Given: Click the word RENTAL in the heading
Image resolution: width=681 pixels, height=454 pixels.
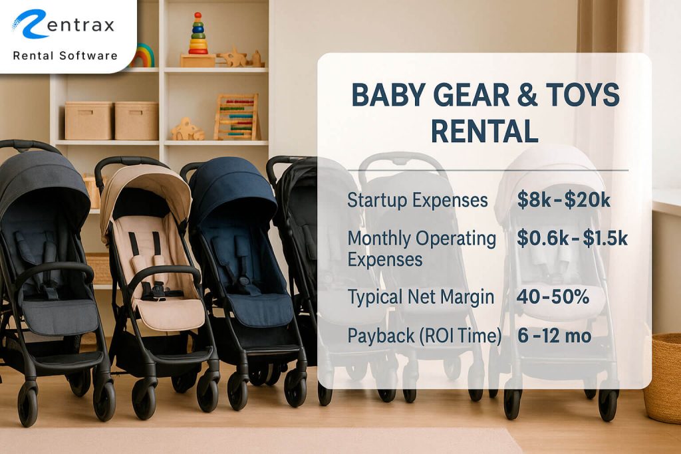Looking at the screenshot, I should (484, 132).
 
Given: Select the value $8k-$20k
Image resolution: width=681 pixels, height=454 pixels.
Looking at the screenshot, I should (563, 199).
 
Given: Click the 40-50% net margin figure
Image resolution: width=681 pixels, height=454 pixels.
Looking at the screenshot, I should (553, 297).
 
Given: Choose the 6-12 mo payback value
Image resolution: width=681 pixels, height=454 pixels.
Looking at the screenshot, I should (554, 336).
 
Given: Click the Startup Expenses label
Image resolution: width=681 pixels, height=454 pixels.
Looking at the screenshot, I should (418, 200).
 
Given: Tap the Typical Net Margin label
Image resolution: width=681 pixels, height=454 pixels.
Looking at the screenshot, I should (421, 297).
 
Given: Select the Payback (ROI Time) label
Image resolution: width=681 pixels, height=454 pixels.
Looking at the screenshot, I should (424, 336).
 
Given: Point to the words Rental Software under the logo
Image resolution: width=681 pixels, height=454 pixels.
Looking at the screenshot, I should (65, 55).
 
